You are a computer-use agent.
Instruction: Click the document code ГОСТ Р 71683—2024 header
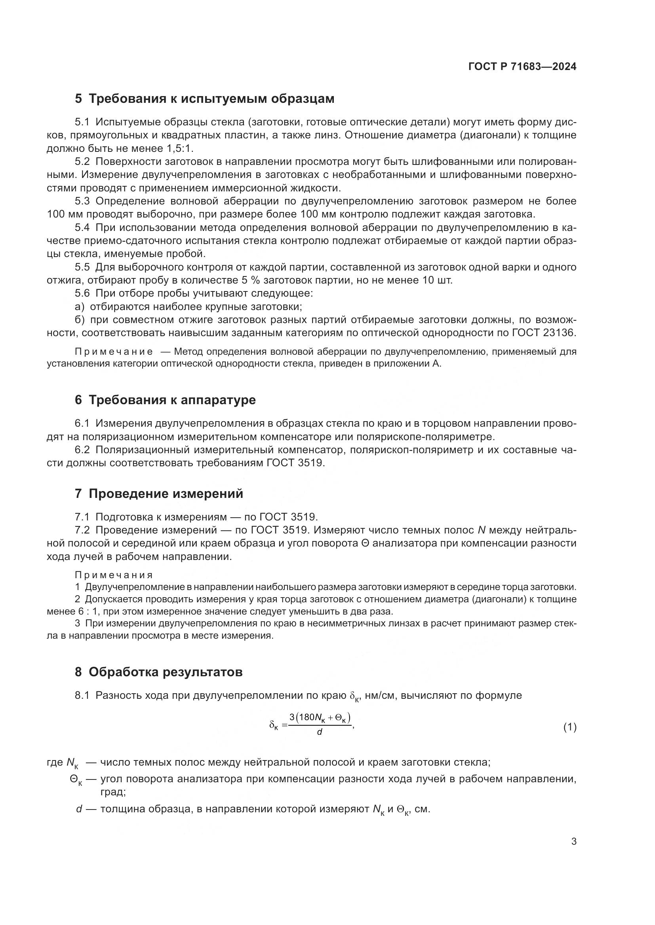pyautogui.click(x=522, y=67)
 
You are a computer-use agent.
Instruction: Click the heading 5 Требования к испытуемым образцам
pyautogui.click(x=204, y=99)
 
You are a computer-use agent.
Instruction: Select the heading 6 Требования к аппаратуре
pyautogui.click(x=165, y=400)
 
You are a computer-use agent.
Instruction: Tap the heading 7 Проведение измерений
pyautogui.click(x=159, y=494)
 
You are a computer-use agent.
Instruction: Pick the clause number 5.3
pyautogui.click(x=82, y=201)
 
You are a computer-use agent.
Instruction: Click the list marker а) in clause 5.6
pyautogui.click(x=80, y=306)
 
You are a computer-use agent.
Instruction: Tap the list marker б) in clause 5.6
pyautogui.click(x=80, y=320)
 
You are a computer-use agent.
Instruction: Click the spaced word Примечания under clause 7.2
pyautogui.click(x=114, y=575)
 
